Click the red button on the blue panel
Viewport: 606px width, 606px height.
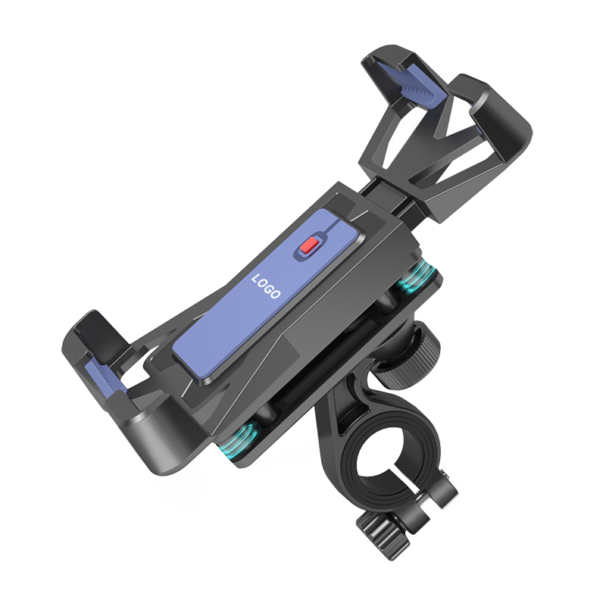coord(310,245)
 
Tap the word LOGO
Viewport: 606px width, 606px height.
coord(266,286)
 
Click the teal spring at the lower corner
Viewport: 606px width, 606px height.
coord(237,440)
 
